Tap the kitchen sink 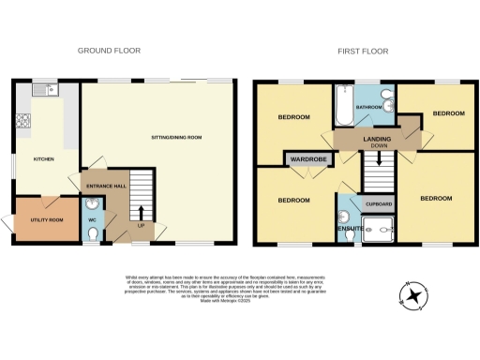tap(43, 92)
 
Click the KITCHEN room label tap(43, 159)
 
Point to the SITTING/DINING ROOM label tap(175, 137)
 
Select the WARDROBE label tap(307, 159)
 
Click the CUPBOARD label tap(378, 203)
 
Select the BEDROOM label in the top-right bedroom tap(447, 112)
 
